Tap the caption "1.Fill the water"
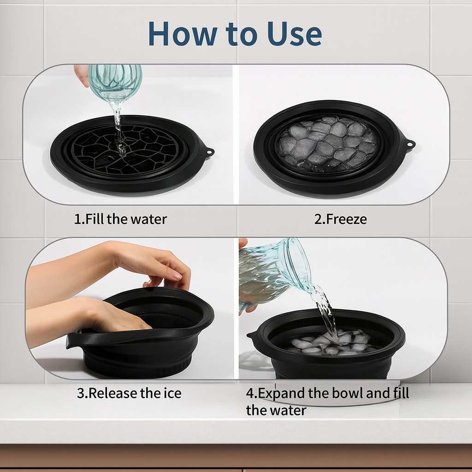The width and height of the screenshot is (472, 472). (120, 218)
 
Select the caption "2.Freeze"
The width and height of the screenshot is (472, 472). (340, 219)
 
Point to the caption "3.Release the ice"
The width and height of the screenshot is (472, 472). (129, 393)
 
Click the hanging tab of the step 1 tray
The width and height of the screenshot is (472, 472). (208, 151)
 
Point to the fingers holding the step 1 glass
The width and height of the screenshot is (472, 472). (82, 74)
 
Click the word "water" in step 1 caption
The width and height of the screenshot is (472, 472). (148, 218)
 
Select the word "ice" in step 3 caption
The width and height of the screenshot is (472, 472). (173, 393)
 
